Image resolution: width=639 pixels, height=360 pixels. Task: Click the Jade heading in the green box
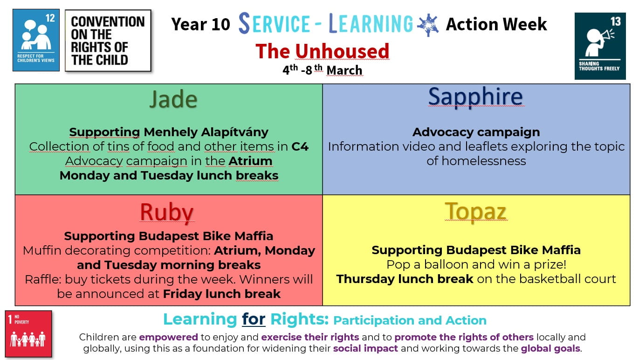pyautogui.click(x=173, y=99)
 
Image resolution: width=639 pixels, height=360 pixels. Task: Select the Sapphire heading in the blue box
pyautogui.click(x=475, y=97)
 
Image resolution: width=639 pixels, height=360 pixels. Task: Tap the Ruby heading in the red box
pyautogui.click(x=166, y=212)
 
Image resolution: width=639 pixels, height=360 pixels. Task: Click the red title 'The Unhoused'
pyautogui.click(x=322, y=51)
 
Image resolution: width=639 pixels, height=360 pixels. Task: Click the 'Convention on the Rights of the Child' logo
pyautogui.click(x=108, y=41)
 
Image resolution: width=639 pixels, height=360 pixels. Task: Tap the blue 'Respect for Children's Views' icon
pyautogui.click(x=36, y=40)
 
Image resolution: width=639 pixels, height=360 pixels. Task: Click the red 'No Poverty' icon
pyautogui.click(x=28, y=334)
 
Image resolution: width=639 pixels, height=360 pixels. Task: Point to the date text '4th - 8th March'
pyautogui.click(x=322, y=70)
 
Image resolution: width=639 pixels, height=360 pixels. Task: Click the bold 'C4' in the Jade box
pyautogui.click(x=300, y=146)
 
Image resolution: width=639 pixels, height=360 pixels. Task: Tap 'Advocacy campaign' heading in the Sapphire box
pyautogui.click(x=476, y=132)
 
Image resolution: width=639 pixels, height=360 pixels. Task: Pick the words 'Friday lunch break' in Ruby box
pyautogui.click(x=221, y=294)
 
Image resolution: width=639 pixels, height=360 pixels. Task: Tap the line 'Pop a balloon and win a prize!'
pyautogui.click(x=476, y=264)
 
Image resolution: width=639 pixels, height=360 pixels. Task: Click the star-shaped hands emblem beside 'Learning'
pyautogui.click(x=428, y=25)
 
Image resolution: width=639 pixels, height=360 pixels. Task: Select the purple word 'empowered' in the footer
pyautogui.click(x=168, y=337)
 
